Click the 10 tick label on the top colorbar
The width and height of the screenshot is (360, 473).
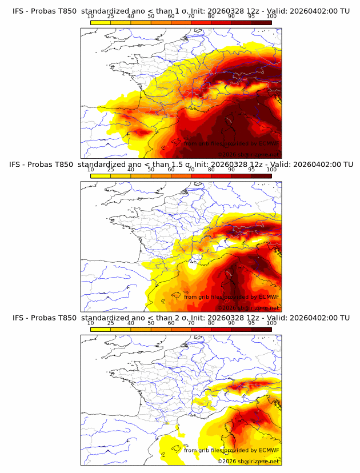click(90, 16)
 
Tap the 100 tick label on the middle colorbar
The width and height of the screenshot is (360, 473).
click(271, 170)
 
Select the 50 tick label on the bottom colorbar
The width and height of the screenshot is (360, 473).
click(151, 323)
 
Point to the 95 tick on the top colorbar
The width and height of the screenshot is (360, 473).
click(251, 16)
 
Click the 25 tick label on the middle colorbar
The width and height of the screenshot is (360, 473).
click(110, 170)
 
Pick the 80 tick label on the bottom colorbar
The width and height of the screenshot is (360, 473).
click(211, 323)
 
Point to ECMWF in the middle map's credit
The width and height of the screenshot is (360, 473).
click(269, 296)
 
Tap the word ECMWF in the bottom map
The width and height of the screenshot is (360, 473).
click(269, 450)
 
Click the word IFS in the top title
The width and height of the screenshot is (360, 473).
click(18, 6)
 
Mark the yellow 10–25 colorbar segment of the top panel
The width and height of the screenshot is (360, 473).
click(101, 23)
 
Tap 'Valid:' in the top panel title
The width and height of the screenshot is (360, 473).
click(281, 6)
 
